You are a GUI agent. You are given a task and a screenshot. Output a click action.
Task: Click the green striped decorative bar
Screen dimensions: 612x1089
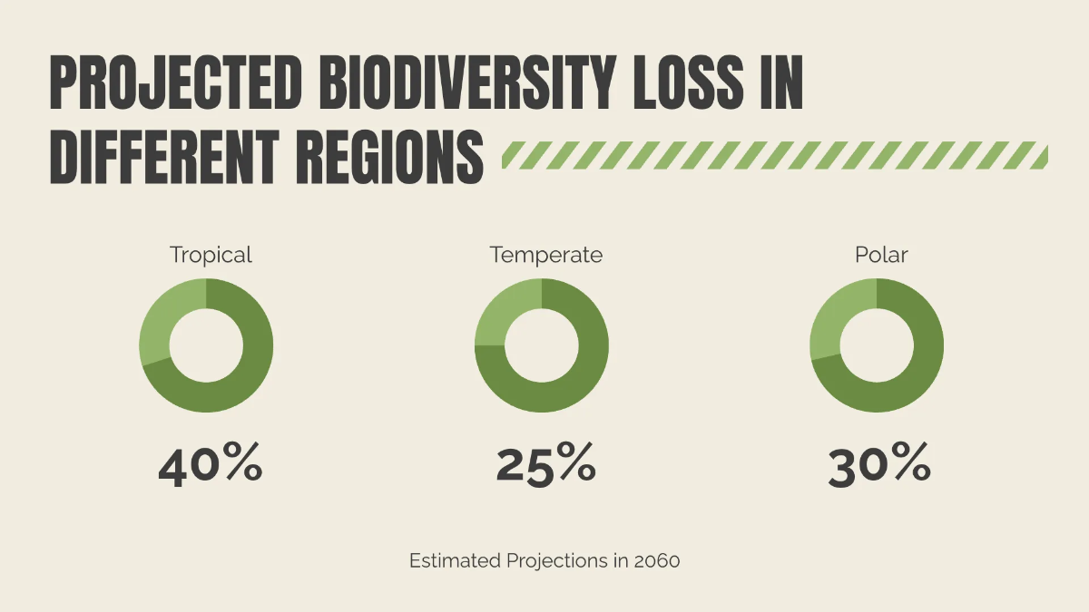(x=775, y=155)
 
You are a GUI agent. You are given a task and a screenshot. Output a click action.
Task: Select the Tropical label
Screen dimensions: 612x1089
(x=211, y=255)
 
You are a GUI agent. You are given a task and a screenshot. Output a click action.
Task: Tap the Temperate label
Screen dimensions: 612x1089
(x=545, y=255)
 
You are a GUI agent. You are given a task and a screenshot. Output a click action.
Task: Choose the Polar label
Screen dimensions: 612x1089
(x=881, y=255)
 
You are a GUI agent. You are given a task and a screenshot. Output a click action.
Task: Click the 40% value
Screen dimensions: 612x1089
(x=211, y=463)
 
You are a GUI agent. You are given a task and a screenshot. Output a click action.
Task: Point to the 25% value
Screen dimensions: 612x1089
(x=545, y=463)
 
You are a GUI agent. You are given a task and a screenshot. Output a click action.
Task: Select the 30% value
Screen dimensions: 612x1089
(x=879, y=463)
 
